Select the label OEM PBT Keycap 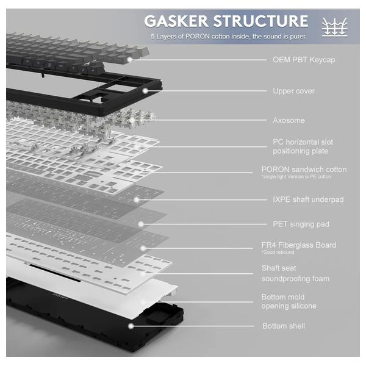303,60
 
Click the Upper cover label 293,91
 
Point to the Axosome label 289,120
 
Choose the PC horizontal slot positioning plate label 303,146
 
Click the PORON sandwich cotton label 303,169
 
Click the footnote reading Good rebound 278,253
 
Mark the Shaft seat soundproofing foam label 295,273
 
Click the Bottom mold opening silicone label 289,301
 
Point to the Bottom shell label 284,326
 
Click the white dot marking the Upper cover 145,91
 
